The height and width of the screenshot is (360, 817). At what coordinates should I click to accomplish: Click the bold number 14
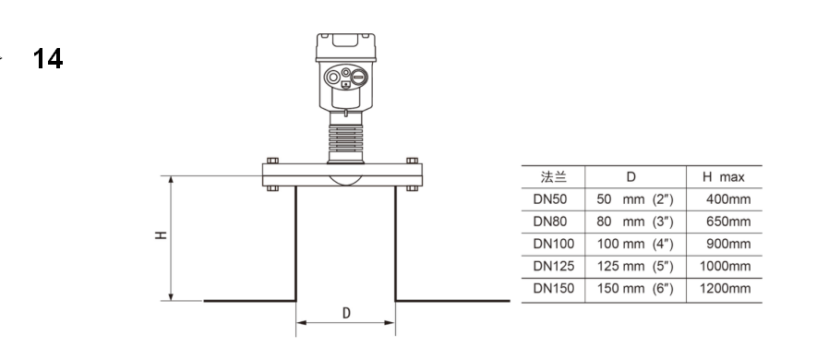tap(48, 59)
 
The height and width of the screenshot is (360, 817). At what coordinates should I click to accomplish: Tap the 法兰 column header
tap(553, 177)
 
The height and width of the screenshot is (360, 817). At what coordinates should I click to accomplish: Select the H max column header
tap(724, 177)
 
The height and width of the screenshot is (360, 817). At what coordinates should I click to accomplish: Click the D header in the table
tap(631, 177)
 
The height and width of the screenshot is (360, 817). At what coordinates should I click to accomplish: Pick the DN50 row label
tap(549, 199)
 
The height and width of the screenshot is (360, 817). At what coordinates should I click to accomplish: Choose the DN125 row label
tap(554, 266)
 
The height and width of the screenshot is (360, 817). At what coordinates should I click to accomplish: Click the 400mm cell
tap(728, 199)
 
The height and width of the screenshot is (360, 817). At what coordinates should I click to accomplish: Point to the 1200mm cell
tap(726, 289)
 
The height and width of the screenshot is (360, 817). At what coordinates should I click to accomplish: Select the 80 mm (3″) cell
tap(635, 222)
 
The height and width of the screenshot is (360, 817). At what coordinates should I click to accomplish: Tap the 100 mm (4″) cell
tap(635, 244)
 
